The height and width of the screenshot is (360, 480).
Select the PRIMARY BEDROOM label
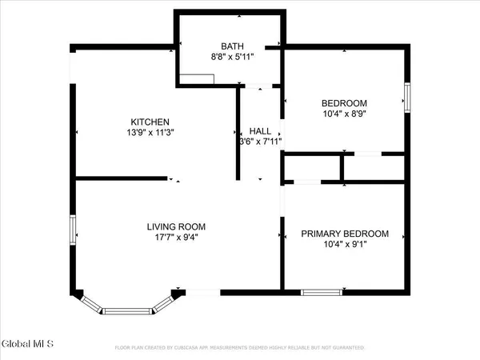(x=345, y=234)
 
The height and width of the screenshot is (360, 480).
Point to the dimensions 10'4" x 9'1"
(x=345, y=246)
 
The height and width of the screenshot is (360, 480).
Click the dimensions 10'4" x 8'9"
(x=345, y=114)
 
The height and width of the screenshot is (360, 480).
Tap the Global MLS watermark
(x=27, y=345)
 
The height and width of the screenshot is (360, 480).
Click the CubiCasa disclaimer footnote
(x=240, y=348)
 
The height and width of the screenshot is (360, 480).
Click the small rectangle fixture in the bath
(x=197, y=78)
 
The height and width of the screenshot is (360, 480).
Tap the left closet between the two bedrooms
(x=312, y=167)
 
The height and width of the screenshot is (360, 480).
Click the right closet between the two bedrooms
(x=374, y=167)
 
